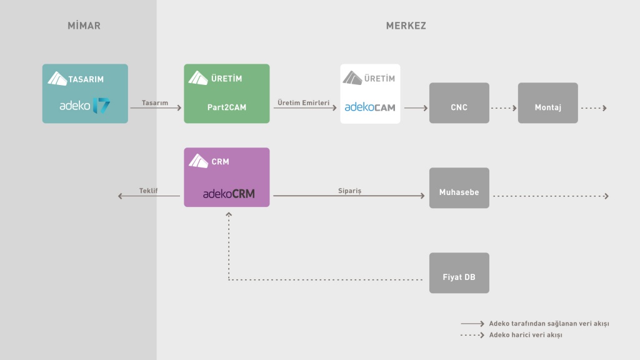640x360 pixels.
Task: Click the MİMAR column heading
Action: tap(84, 26)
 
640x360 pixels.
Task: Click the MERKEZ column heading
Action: tap(406, 26)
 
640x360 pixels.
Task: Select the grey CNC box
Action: tap(459, 103)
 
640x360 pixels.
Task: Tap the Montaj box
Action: tap(547, 103)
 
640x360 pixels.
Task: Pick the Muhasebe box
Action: tap(459, 188)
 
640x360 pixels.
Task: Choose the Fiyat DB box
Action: tap(459, 273)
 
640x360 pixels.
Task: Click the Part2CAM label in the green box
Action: tap(226, 107)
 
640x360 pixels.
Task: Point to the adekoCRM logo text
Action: tap(229, 194)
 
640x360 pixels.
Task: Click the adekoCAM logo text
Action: tap(370, 107)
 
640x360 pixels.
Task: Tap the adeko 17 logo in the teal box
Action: tap(85, 106)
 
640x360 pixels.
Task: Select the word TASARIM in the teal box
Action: tap(86, 79)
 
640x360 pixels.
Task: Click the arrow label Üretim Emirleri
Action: tap(303, 102)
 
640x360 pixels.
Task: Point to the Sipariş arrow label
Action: tap(350, 191)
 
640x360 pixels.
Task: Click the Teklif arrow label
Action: tap(148, 191)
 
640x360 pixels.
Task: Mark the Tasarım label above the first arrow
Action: tap(155, 102)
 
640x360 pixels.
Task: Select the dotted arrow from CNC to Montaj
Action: tap(504, 108)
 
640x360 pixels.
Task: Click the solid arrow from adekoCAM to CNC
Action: tap(415, 108)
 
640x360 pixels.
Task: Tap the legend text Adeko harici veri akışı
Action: tap(526, 336)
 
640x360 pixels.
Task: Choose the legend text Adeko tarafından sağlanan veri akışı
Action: tap(549, 324)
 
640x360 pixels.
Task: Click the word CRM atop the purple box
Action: tap(220, 162)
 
